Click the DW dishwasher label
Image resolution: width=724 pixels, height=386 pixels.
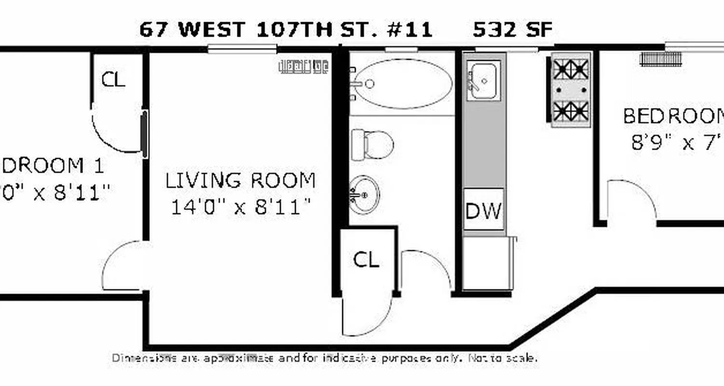483,210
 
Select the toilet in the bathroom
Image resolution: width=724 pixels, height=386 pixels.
373,144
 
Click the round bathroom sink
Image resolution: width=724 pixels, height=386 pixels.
364,194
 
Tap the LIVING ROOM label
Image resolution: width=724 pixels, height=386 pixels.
240,180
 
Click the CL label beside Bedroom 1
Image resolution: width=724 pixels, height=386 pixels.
113,80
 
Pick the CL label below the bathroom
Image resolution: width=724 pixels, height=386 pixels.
366,260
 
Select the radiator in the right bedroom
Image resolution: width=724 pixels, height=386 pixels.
660,59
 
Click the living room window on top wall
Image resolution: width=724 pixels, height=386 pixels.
242,48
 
